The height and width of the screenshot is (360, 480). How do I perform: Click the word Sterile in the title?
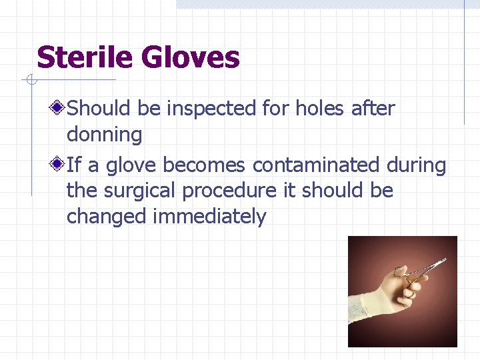pos(85,57)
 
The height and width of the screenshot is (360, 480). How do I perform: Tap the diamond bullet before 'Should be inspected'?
pos(59,107)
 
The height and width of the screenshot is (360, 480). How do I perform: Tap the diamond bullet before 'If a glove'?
pos(59,164)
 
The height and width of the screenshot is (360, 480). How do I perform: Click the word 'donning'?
pos(104,135)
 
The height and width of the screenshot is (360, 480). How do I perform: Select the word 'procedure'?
pos(229,191)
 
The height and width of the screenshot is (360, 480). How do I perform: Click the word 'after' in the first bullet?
pos(373,107)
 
